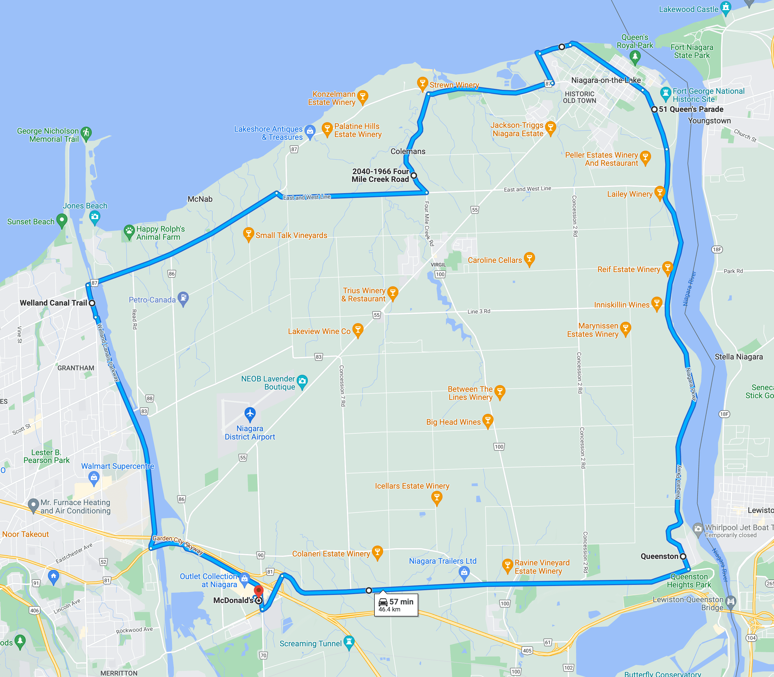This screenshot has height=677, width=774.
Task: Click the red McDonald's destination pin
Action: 258,590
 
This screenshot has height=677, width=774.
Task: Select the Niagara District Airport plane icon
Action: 250,414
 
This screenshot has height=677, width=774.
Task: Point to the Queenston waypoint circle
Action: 683,556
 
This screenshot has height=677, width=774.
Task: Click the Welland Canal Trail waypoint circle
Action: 92,303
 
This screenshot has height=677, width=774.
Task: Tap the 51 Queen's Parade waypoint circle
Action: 654,109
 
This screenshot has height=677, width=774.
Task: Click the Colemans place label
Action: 408,152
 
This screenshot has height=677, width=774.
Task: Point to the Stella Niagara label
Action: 739,357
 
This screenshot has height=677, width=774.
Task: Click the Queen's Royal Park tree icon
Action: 635,57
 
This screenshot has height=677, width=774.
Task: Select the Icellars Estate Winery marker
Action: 437,497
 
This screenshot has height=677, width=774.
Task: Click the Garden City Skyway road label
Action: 178,544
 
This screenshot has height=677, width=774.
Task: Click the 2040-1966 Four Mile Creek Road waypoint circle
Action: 413,175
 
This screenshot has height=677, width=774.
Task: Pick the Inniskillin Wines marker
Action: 657,303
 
